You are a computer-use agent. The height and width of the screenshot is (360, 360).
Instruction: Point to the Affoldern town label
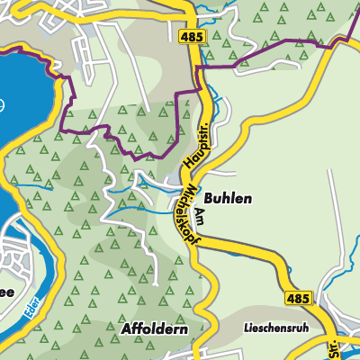click(x=154, y=330)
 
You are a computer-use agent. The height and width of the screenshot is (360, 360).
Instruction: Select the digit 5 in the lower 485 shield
click(x=301, y=297)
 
